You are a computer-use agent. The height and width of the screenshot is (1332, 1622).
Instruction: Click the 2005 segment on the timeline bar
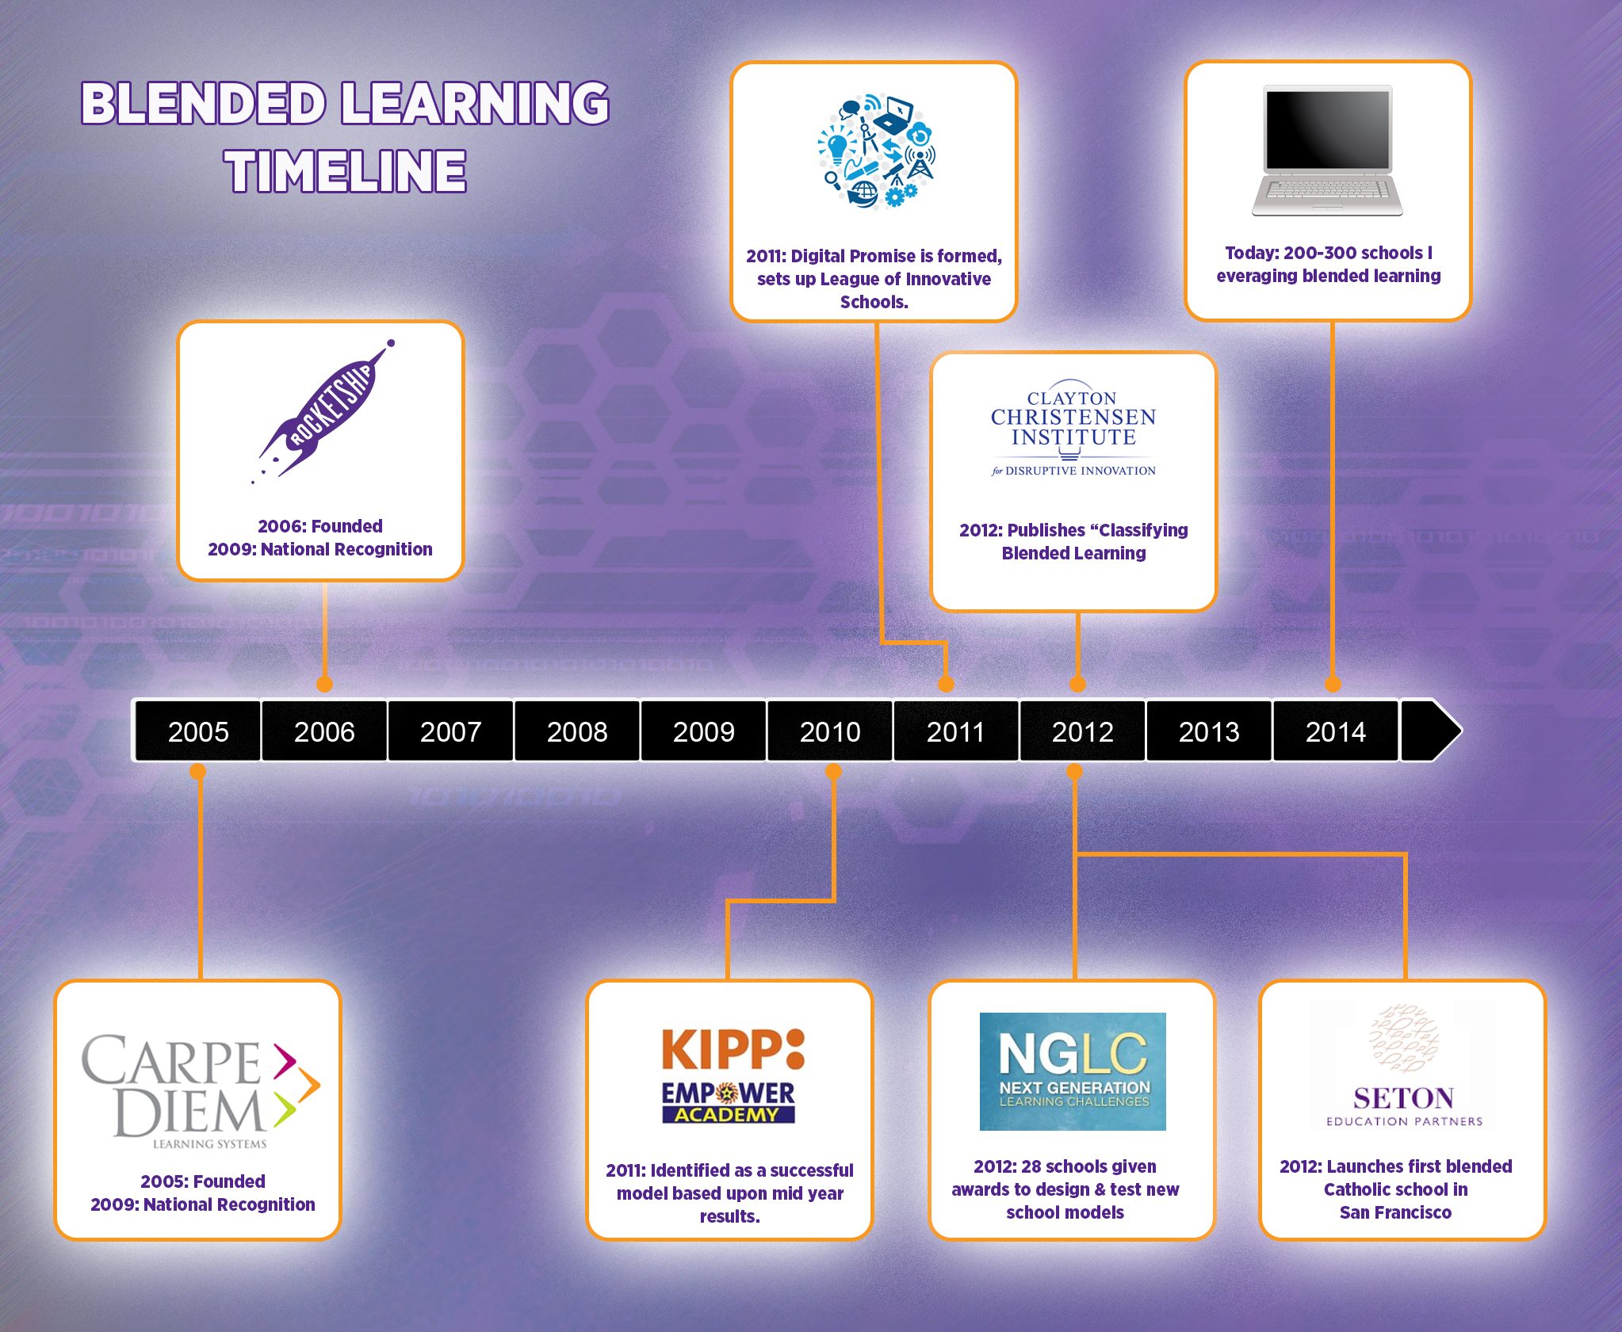(x=198, y=731)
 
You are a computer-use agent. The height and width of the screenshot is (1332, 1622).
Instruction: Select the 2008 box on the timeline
(x=577, y=731)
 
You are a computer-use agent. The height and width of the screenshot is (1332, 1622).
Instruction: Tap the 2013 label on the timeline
(x=1209, y=731)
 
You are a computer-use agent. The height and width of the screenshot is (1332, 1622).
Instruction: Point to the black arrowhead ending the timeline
(x=1431, y=731)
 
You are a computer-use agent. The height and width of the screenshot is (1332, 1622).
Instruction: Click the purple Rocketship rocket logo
(x=323, y=412)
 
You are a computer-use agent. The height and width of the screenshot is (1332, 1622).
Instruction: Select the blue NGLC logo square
(x=1073, y=1071)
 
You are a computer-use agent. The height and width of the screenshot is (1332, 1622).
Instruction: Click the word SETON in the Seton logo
(x=1403, y=1098)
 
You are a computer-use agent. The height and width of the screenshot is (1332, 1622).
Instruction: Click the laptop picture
(x=1328, y=151)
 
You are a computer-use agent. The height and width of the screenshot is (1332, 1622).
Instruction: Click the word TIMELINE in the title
(x=346, y=171)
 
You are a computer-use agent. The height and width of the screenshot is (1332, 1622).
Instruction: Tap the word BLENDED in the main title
(x=204, y=104)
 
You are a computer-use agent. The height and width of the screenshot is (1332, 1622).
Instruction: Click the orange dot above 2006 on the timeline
(x=324, y=684)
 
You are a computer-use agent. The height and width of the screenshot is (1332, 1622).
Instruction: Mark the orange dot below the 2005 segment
(x=198, y=772)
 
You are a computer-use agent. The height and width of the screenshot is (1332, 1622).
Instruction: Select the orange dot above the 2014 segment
(x=1333, y=684)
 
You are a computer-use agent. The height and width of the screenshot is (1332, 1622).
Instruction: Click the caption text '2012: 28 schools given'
(x=1065, y=1166)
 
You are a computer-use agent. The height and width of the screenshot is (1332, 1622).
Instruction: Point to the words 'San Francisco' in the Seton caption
(x=1395, y=1212)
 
